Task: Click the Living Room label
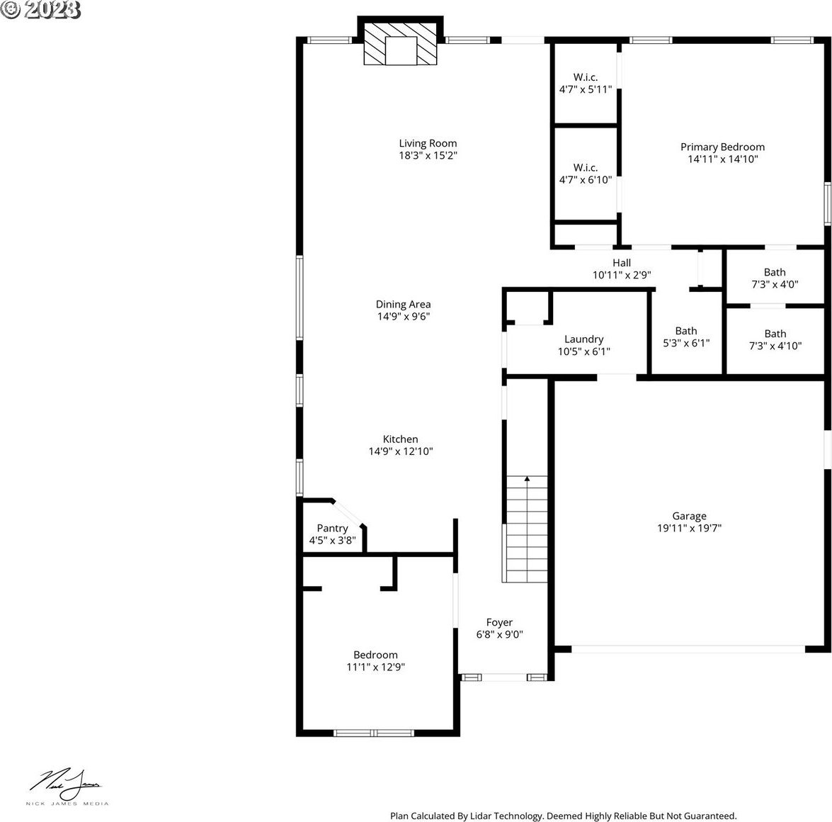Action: click(x=428, y=143)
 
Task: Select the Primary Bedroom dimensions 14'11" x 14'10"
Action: click(x=723, y=159)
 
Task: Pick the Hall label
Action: click(x=622, y=263)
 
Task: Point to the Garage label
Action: click(x=689, y=516)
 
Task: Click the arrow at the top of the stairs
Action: click(x=527, y=480)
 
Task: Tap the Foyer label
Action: click(x=499, y=622)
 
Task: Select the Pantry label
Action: click(x=332, y=529)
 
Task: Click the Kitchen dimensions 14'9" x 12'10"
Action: click(x=401, y=451)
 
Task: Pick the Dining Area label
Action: click(x=404, y=305)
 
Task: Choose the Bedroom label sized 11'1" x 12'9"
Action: click(x=376, y=655)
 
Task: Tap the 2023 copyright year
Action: click(x=52, y=9)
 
